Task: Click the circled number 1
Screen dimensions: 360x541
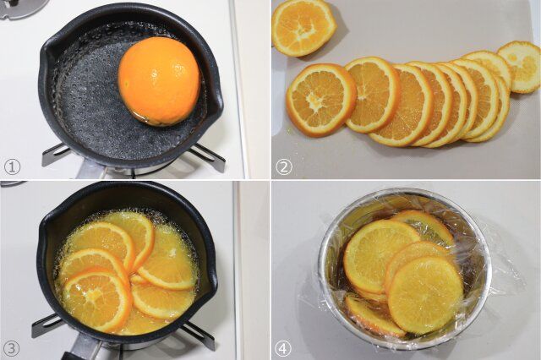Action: click(x=11, y=166)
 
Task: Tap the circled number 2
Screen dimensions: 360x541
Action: click(x=284, y=166)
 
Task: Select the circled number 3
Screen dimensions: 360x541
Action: click(x=11, y=346)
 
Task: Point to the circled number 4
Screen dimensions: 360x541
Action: click(x=284, y=346)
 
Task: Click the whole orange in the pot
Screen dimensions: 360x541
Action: click(x=159, y=81)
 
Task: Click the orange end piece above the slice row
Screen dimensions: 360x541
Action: click(x=303, y=25)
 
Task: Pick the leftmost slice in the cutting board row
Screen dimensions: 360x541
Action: click(x=320, y=99)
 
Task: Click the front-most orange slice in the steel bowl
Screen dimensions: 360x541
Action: click(x=424, y=294)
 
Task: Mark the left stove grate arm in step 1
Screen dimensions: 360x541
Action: click(x=54, y=155)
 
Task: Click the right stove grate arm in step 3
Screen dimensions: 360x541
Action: click(x=199, y=334)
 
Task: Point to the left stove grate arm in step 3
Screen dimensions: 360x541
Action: click(x=46, y=326)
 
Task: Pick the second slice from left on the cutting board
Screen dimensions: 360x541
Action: click(x=372, y=93)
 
